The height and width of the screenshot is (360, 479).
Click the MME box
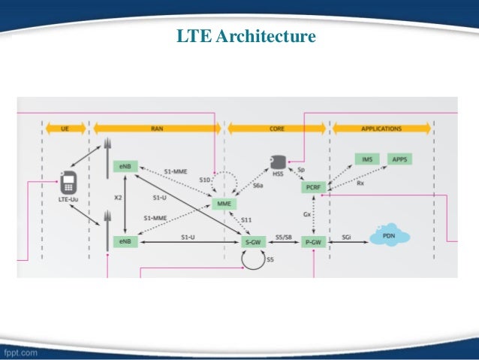click(x=224, y=204)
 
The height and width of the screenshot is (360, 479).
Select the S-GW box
click(x=253, y=241)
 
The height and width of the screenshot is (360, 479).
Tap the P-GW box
click(x=312, y=241)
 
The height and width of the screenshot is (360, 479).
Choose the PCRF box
click(x=312, y=186)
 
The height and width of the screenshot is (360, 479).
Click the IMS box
click(x=367, y=159)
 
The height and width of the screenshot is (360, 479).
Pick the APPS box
click(x=400, y=159)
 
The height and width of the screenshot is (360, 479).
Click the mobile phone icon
click(x=69, y=180)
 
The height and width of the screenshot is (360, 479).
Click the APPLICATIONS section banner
click(x=381, y=129)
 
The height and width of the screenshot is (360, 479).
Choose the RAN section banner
click(x=156, y=129)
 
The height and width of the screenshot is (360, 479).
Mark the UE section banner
click(x=66, y=129)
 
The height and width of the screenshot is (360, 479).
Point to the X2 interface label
click(x=117, y=197)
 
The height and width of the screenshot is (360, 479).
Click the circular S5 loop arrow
click(x=253, y=261)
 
